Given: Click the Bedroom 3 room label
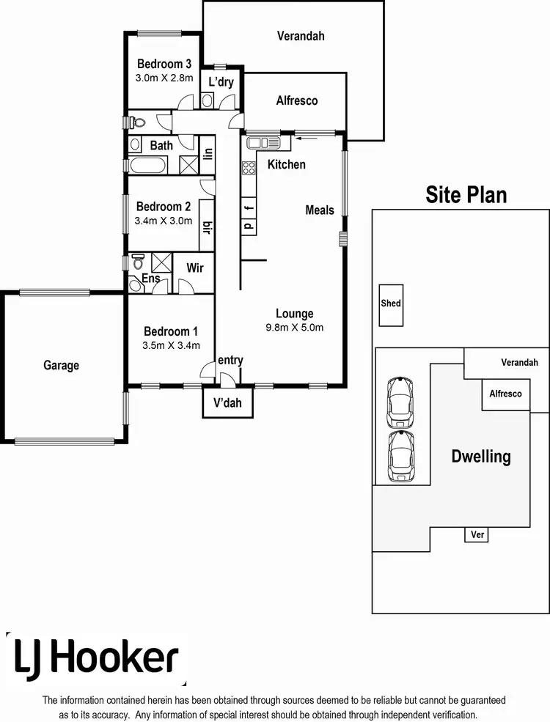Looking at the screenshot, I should click(x=164, y=64).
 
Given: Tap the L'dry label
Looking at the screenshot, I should click(x=221, y=82).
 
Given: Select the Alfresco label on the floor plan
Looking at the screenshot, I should click(x=297, y=100).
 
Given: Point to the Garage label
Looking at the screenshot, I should click(x=61, y=365).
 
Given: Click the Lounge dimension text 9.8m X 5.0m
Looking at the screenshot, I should click(x=294, y=328).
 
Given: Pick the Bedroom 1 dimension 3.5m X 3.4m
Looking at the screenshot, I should click(x=170, y=345).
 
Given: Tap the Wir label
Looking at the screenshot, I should click(x=194, y=268).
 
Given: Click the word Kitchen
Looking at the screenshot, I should click(x=286, y=164).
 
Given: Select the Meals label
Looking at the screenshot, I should click(x=320, y=210).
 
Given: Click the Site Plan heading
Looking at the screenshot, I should click(x=466, y=194).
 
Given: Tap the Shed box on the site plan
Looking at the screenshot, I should click(x=391, y=303).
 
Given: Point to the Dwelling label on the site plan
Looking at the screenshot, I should click(x=480, y=457).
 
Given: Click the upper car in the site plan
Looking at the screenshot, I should click(x=400, y=402).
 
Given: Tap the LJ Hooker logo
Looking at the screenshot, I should click(x=95, y=657).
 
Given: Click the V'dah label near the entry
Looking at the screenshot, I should click(x=227, y=402).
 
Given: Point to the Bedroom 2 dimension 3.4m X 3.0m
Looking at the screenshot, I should click(x=164, y=220).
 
